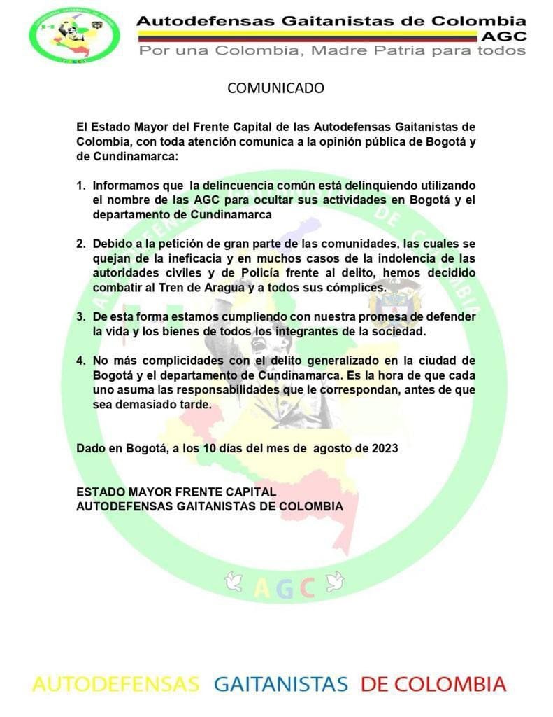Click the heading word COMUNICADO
coord(276,88)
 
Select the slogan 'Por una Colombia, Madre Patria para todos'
coord(331,50)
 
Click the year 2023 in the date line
coord(385,449)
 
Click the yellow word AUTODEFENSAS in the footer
coord(115,684)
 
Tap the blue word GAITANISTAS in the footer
coord(280,684)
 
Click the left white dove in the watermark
coord(234,580)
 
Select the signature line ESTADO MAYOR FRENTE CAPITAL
coord(176,492)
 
